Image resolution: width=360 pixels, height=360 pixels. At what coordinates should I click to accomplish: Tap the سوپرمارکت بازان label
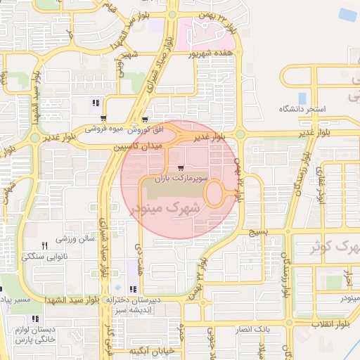(x=182, y=180)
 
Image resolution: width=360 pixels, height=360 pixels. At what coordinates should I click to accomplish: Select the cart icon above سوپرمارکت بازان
(x=182, y=168)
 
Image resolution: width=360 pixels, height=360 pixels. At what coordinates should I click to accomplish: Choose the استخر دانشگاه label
(x=302, y=109)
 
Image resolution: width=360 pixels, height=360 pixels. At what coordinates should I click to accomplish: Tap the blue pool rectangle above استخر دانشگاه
(x=302, y=98)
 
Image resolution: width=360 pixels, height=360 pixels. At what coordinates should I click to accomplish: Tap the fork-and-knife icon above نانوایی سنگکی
(x=45, y=245)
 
